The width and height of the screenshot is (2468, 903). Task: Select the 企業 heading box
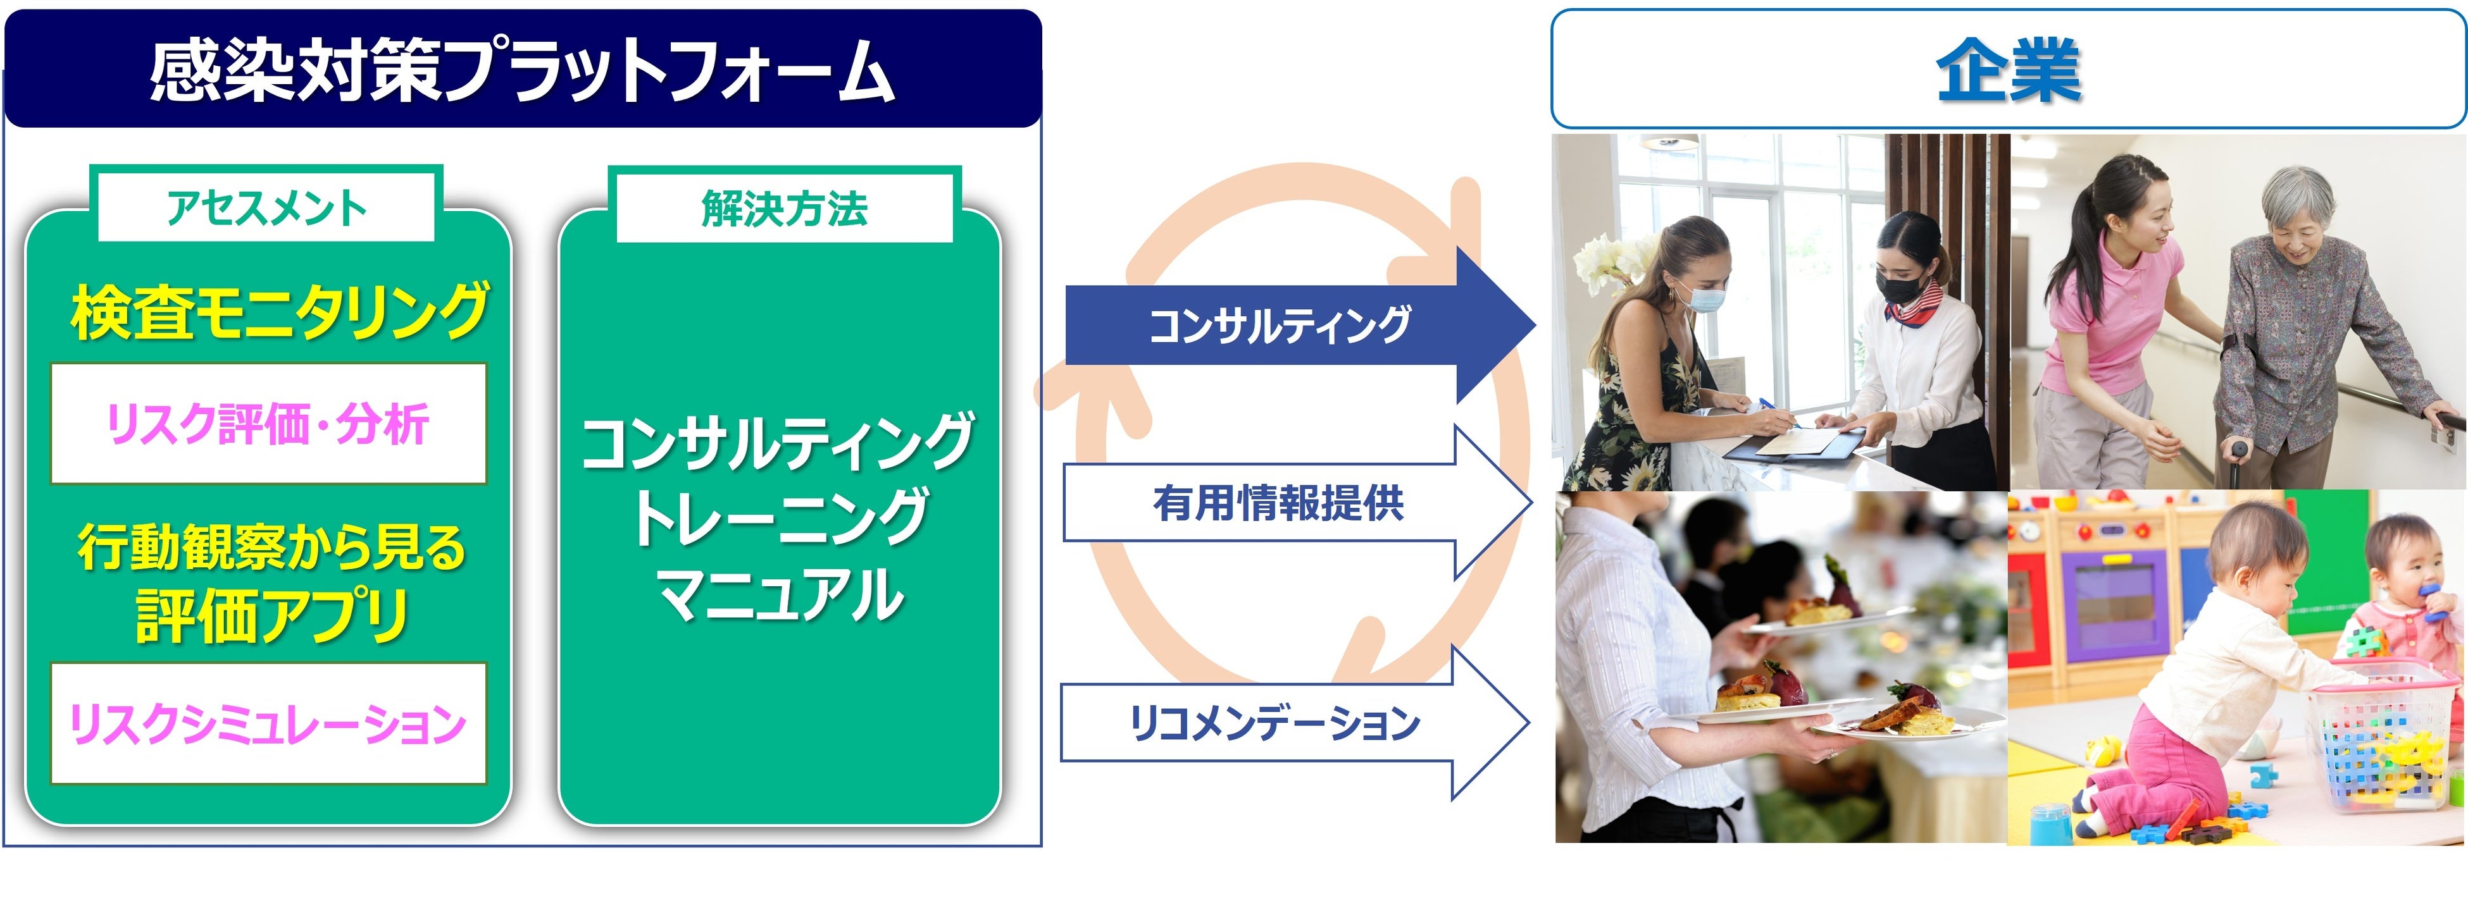2007,69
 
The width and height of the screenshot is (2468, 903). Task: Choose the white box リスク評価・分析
268,423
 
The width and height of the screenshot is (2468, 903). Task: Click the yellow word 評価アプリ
273,616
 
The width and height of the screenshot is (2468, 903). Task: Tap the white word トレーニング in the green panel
781,517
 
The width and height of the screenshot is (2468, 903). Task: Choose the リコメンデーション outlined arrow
1275,723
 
